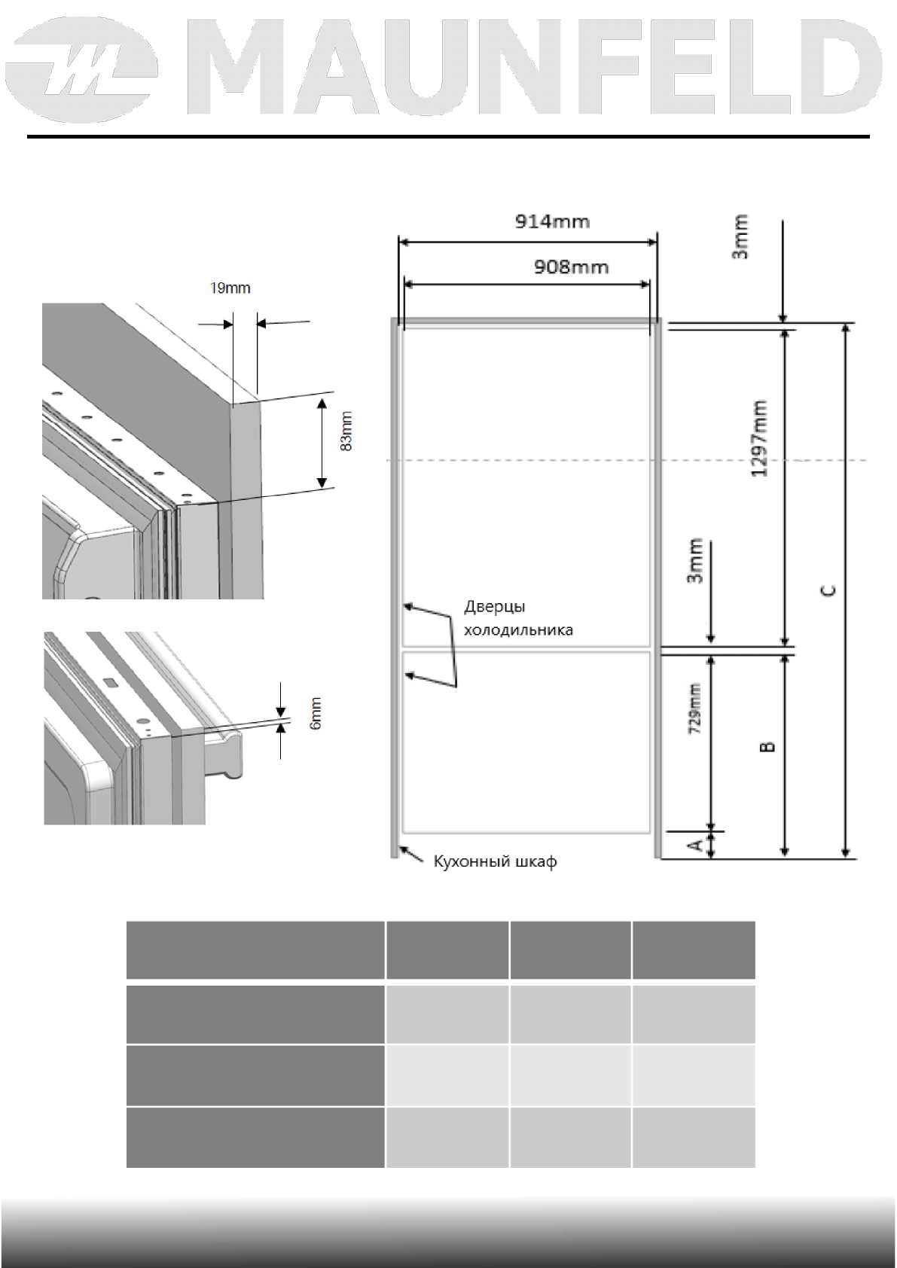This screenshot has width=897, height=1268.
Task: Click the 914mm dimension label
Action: click(552, 221)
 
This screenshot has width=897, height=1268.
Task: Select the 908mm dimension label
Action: click(572, 267)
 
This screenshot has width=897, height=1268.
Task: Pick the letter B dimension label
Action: click(767, 746)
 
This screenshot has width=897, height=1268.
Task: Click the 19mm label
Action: click(230, 288)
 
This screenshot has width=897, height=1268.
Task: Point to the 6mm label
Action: click(316, 712)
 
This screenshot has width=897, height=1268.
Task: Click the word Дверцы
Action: click(495, 607)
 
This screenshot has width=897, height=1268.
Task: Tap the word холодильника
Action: click(518, 629)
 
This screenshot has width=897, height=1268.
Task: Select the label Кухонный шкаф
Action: click(495, 861)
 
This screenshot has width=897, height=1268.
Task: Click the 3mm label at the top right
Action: click(741, 237)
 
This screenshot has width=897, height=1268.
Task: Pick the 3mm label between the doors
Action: click(695, 561)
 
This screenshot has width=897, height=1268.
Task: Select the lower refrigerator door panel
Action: click(527, 742)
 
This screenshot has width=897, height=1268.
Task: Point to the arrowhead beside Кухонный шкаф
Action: click(404, 850)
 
